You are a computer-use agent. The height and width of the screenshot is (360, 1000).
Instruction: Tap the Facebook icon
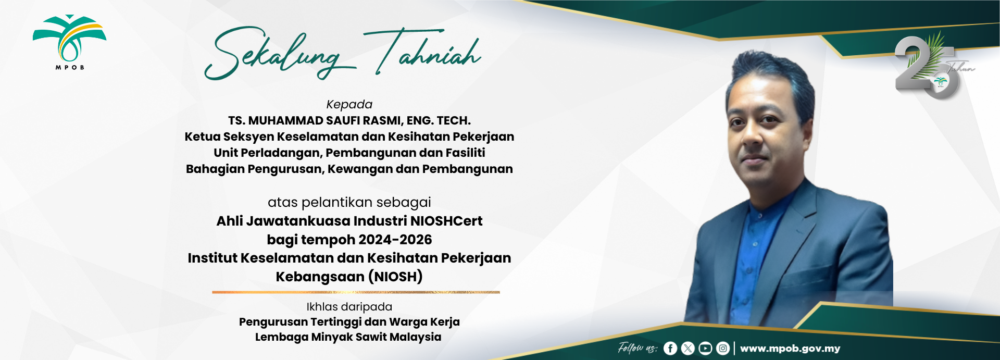tap(670, 348)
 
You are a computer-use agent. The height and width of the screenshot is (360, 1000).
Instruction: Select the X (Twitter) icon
tap(688, 348)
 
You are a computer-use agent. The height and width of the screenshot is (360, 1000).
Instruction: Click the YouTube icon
tap(705, 348)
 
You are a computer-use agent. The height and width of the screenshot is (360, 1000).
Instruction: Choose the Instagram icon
tap(723, 348)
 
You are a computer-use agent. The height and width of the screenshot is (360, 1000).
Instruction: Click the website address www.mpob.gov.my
tap(790, 349)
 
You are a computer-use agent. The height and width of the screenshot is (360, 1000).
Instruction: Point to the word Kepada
tap(349, 105)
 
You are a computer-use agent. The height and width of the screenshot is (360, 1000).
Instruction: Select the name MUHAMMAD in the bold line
tap(285, 121)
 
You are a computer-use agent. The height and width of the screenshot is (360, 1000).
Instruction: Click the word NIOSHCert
tap(446, 221)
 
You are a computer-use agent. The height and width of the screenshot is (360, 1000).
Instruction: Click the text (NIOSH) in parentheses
tap(395, 277)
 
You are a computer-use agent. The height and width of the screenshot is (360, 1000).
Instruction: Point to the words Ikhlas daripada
tap(349, 307)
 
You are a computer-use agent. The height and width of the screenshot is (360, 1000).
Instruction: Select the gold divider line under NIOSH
tap(356, 292)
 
